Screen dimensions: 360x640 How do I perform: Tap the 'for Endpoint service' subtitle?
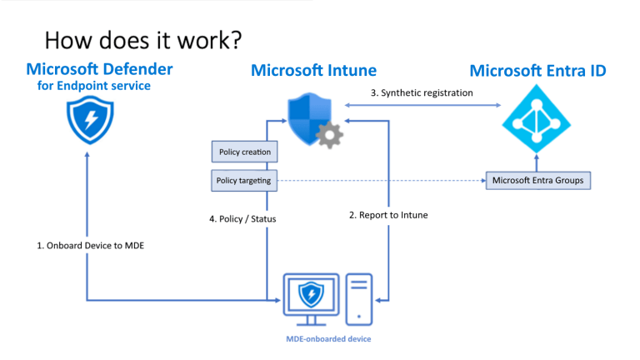[93, 85]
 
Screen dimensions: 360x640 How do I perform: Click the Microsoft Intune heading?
[313, 70]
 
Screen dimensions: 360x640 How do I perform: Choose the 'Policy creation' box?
[244, 152]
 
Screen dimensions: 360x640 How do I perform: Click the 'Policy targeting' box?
[244, 180]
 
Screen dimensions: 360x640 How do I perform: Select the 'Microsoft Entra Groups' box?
[537, 180]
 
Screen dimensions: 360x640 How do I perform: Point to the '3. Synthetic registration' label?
[421, 92]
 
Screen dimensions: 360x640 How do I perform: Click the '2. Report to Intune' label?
[388, 215]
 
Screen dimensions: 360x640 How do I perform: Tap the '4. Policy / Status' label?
[242, 218]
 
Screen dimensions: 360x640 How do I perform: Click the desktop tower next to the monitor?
[359, 298]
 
